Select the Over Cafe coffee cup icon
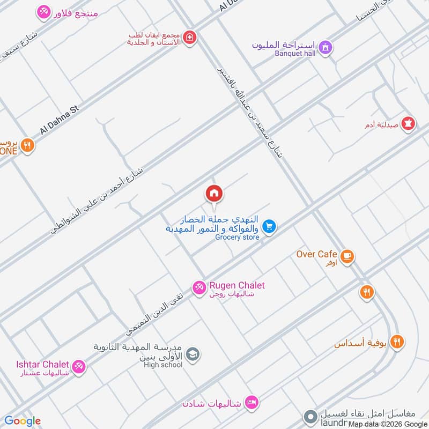coord(347,256)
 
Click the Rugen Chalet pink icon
coord(199,287)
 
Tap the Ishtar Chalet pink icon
coord(78,366)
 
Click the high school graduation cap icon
coord(194,354)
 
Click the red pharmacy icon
coord(409,123)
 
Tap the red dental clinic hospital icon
coord(189,38)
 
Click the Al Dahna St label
coord(59,120)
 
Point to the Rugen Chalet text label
coord(237,285)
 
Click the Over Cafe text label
coord(316,254)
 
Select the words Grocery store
coord(237,237)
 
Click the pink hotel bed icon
coord(251,402)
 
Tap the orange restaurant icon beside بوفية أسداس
coord(397,341)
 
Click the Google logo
coord(23,421)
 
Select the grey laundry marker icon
coord(309,416)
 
